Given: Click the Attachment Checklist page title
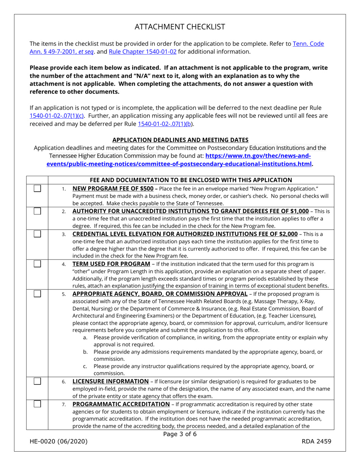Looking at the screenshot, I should click(x=180, y=27).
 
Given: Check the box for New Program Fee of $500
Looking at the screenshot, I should click(x=37, y=188).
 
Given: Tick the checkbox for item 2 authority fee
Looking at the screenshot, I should click(x=37, y=211).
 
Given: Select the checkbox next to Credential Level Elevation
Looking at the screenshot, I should click(x=37, y=234).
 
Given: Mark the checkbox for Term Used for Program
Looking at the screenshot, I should click(x=37, y=264).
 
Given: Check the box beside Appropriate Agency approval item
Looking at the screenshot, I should click(x=37, y=294).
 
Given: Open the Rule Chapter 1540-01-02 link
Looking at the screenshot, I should click(x=142, y=52).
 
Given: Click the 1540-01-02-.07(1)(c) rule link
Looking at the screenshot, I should click(x=57, y=116).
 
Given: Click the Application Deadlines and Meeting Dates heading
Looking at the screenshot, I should click(x=180, y=140).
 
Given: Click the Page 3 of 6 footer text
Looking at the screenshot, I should click(x=180, y=434).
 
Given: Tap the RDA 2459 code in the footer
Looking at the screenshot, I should click(x=316, y=441).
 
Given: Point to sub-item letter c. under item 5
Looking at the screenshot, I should click(x=85, y=366).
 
